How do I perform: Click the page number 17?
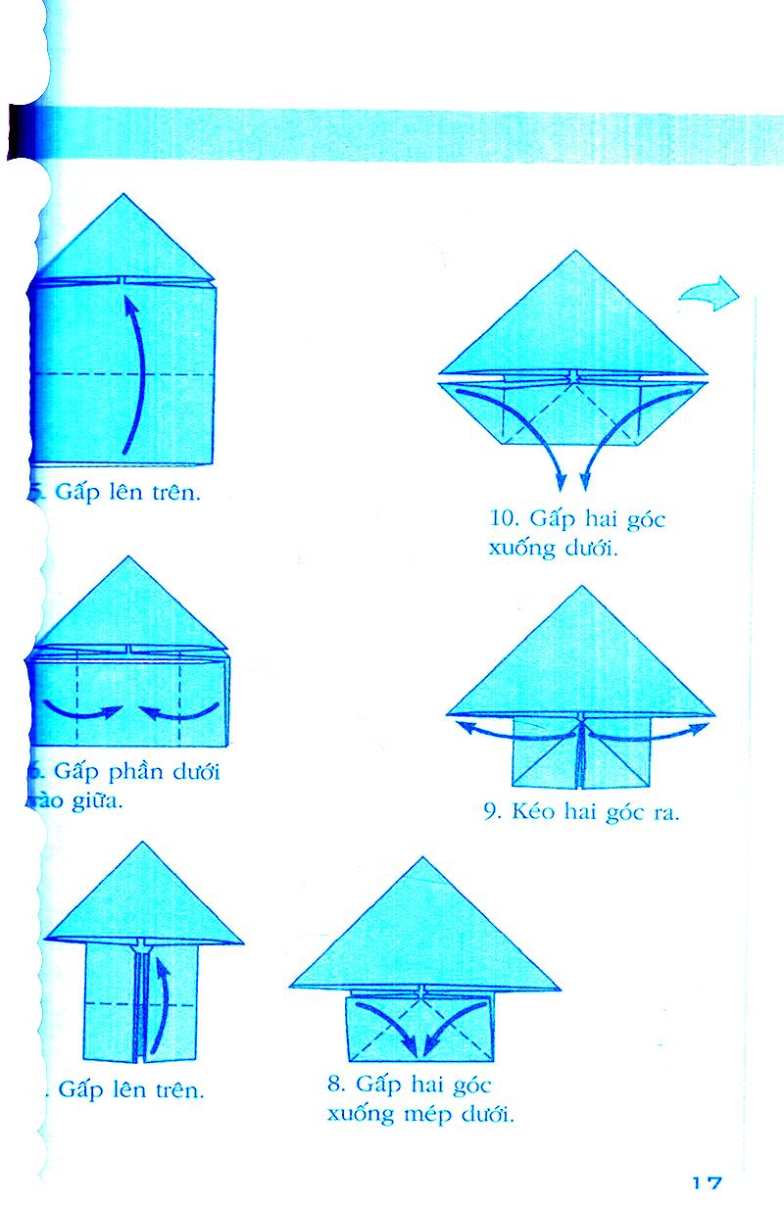click(x=708, y=1183)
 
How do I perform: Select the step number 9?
click(x=492, y=812)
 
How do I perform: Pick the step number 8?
click(x=336, y=1086)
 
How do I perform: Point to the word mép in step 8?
click(x=422, y=1115)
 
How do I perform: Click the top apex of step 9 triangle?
click(x=582, y=588)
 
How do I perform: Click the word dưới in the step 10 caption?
click(x=592, y=548)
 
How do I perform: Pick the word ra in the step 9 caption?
click(x=665, y=812)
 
